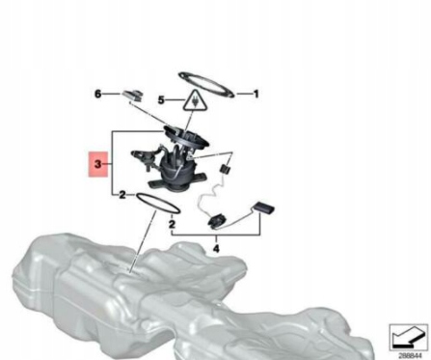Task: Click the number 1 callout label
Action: pos(256,94)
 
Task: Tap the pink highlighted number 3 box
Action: pos(96,167)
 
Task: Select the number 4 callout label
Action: pos(217,248)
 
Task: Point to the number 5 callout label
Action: pos(162,98)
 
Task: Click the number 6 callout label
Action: pos(97,94)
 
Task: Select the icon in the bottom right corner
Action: pos(406,334)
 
